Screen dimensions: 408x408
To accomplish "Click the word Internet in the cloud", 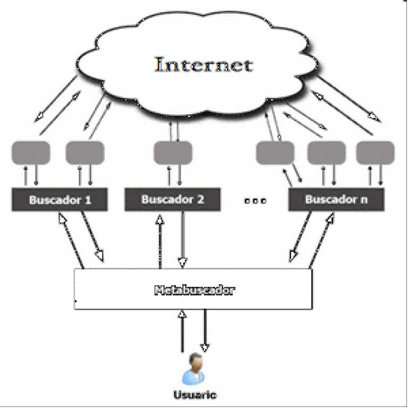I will pyautogui.click(x=203, y=65).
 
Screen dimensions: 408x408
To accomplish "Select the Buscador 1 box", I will pyautogui.click(x=60, y=200).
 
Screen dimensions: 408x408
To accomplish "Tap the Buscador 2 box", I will pyautogui.click(x=172, y=200).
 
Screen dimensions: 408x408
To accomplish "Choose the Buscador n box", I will pyautogui.click(x=336, y=200).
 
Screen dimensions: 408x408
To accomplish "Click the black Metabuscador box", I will pyautogui.click(x=194, y=290).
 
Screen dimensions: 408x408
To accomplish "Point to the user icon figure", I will pyautogui.click(x=194, y=369).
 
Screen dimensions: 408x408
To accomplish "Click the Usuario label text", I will pyautogui.click(x=194, y=395).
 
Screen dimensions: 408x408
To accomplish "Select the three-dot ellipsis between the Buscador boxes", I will pyautogui.click(x=256, y=200).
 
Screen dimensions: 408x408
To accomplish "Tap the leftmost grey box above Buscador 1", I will pyautogui.click(x=31, y=152).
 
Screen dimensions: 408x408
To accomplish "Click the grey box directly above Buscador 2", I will pyautogui.click(x=172, y=152).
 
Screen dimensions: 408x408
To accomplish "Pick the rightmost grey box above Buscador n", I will pyautogui.click(x=375, y=152).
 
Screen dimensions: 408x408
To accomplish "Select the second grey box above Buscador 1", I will pyautogui.click(x=84, y=152).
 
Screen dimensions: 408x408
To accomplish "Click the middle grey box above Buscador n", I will pyautogui.click(x=326, y=152).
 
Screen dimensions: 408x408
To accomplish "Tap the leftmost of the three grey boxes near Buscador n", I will pyautogui.click(x=275, y=152).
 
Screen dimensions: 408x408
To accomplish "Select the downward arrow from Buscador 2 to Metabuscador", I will pyautogui.click(x=183, y=239).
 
